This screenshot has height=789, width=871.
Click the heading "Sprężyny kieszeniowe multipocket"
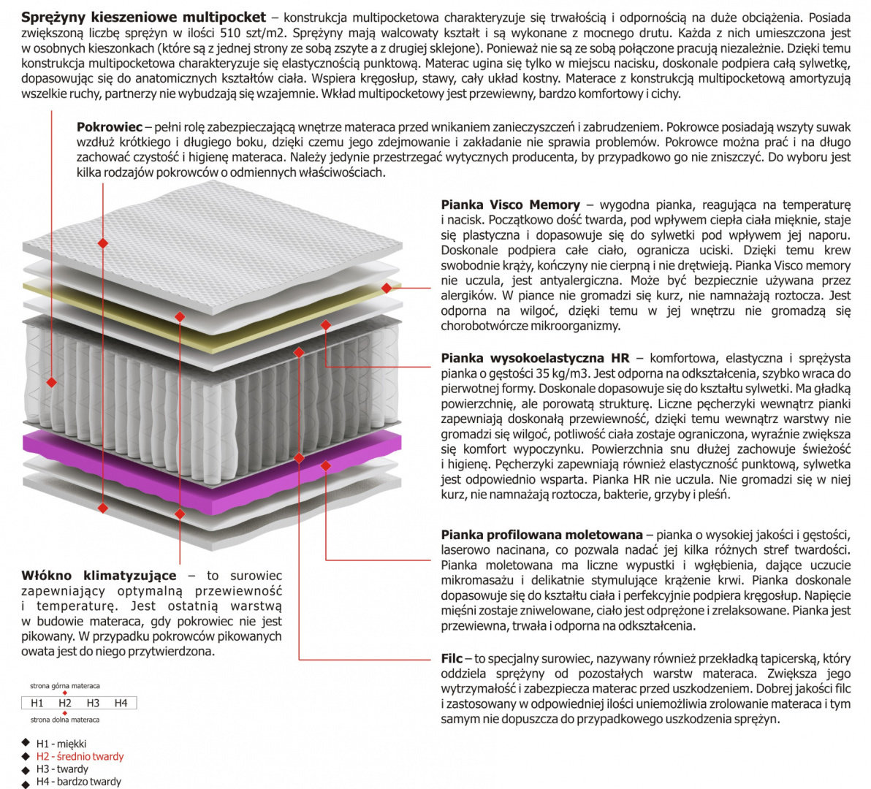(x=144, y=17)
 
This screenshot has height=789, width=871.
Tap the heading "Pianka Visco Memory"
(x=510, y=205)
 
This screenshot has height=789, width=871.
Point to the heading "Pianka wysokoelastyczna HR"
(x=535, y=358)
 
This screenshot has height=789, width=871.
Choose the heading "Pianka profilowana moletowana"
(x=541, y=535)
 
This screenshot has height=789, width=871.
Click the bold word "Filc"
(x=452, y=658)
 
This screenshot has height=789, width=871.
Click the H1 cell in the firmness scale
(x=37, y=703)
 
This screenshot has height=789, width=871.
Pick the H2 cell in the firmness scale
(x=65, y=703)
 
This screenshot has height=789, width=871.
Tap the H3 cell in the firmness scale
(x=93, y=703)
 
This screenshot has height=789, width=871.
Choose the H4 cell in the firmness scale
(x=121, y=703)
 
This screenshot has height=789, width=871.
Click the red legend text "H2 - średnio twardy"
(x=80, y=756)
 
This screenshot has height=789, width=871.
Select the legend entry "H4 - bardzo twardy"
(x=78, y=782)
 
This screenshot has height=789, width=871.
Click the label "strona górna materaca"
(x=65, y=686)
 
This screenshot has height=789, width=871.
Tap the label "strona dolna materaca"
(x=65, y=720)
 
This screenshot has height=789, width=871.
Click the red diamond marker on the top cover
(x=103, y=241)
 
